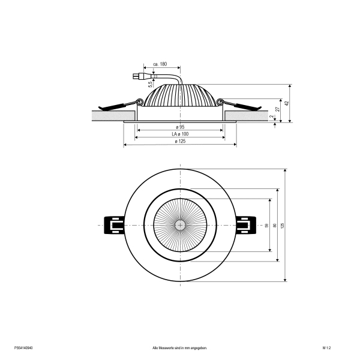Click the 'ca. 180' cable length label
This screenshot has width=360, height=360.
160,64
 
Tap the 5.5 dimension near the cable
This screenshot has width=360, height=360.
151,84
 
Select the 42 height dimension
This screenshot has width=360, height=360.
286,103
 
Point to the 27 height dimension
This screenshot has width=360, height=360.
278,109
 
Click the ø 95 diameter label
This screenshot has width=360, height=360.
180,127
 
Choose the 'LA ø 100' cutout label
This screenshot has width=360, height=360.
180,134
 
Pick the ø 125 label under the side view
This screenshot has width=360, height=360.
180,141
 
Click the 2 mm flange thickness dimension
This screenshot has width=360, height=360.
272,116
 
